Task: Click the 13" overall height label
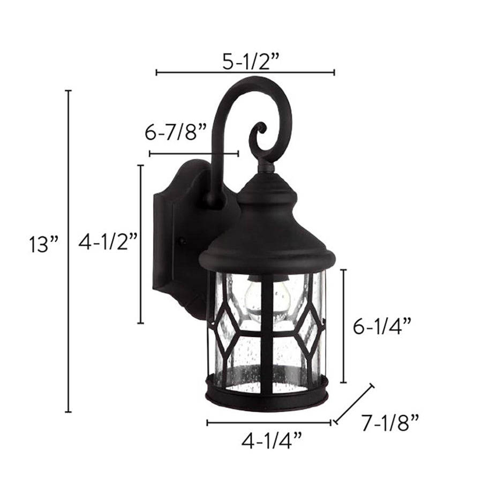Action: (43, 245)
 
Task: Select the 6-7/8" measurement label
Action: (176, 132)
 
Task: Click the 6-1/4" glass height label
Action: (382, 326)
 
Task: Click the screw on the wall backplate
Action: (183, 241)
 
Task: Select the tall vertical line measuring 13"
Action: (68, 251)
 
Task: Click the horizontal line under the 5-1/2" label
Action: (245, 72)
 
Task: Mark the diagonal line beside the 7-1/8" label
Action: (353, 404)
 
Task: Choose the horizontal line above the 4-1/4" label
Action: (269, 423)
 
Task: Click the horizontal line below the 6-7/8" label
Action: (193, 154)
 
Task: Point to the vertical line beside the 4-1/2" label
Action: (141, 244)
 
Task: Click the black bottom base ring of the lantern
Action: (267, 396)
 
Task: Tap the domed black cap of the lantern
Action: (267, 225)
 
